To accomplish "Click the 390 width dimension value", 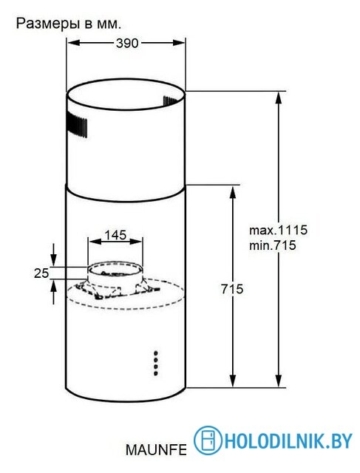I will [127, 44].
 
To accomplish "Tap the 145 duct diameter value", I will [115, 235].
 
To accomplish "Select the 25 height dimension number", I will [41, 273].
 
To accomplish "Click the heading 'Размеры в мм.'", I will [67, 23].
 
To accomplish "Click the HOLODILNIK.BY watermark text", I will [288, 441].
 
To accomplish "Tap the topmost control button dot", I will [157, 353].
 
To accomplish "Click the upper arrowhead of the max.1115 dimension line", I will [279, 97].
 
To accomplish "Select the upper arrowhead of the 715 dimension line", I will [234, 191].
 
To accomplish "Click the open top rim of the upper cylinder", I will [126, 95].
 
